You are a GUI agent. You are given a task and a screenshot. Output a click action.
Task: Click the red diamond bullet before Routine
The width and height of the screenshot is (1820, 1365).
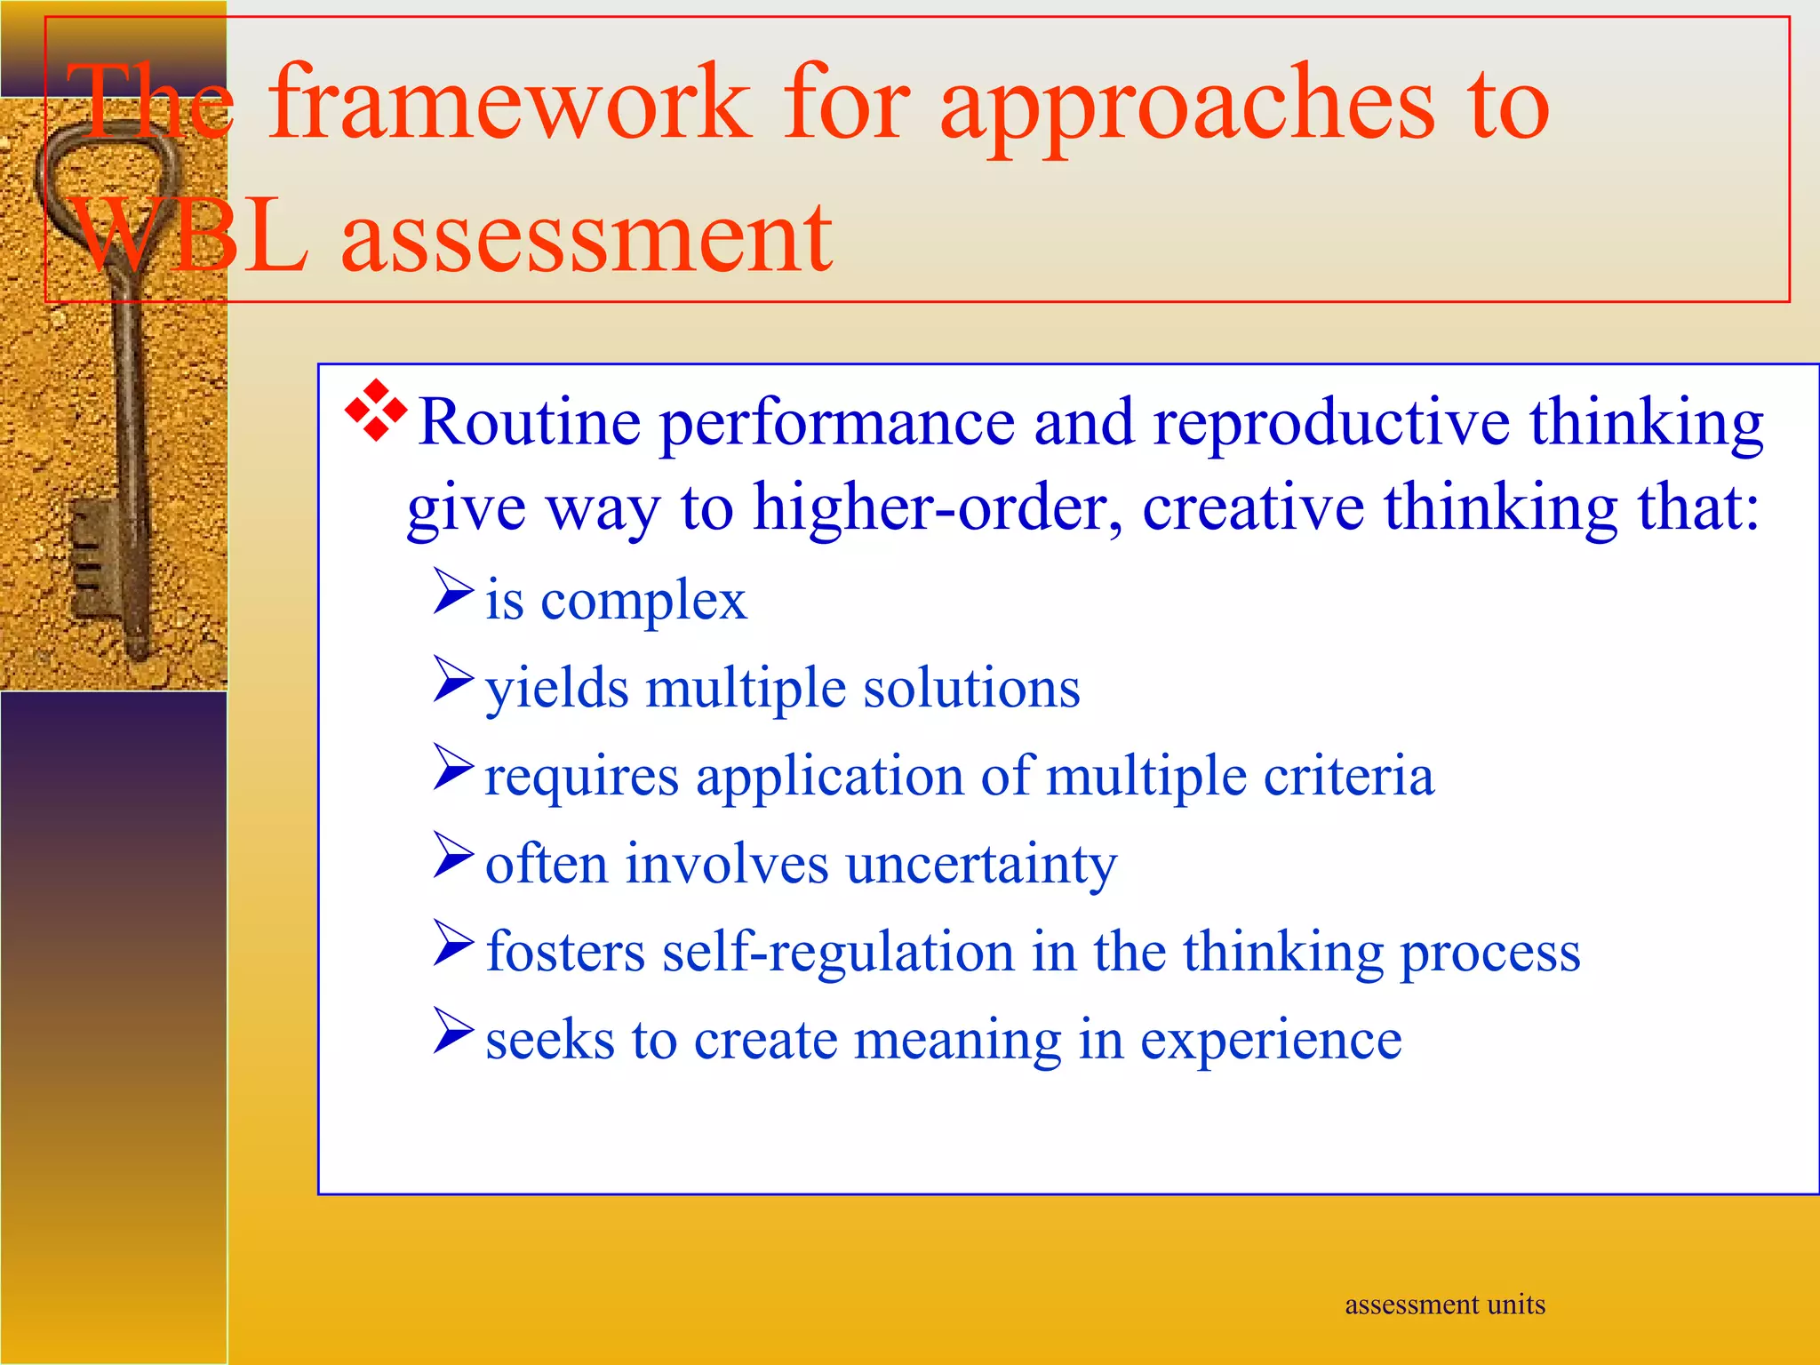tap(376, 410)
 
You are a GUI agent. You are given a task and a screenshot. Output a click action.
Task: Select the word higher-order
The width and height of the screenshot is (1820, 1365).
tap(937, 507)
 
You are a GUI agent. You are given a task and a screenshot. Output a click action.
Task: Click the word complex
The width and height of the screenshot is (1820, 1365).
tap(643, 602)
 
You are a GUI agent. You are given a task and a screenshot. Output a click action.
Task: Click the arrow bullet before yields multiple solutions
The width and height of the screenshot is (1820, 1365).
tap(452, 680)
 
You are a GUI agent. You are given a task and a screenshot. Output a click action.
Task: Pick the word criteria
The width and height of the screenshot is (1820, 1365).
tap(1348, 776)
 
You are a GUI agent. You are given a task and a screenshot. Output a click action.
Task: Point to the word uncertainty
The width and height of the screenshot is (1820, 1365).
tap(980, 864)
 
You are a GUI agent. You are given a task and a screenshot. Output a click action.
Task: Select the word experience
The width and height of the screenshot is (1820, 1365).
tap(1270, 1040)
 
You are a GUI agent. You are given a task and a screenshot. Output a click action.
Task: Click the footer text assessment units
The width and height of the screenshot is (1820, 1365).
tap(1444, 1305)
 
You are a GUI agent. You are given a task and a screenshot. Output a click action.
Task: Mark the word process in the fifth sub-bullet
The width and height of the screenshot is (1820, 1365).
tap(1489, 953)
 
